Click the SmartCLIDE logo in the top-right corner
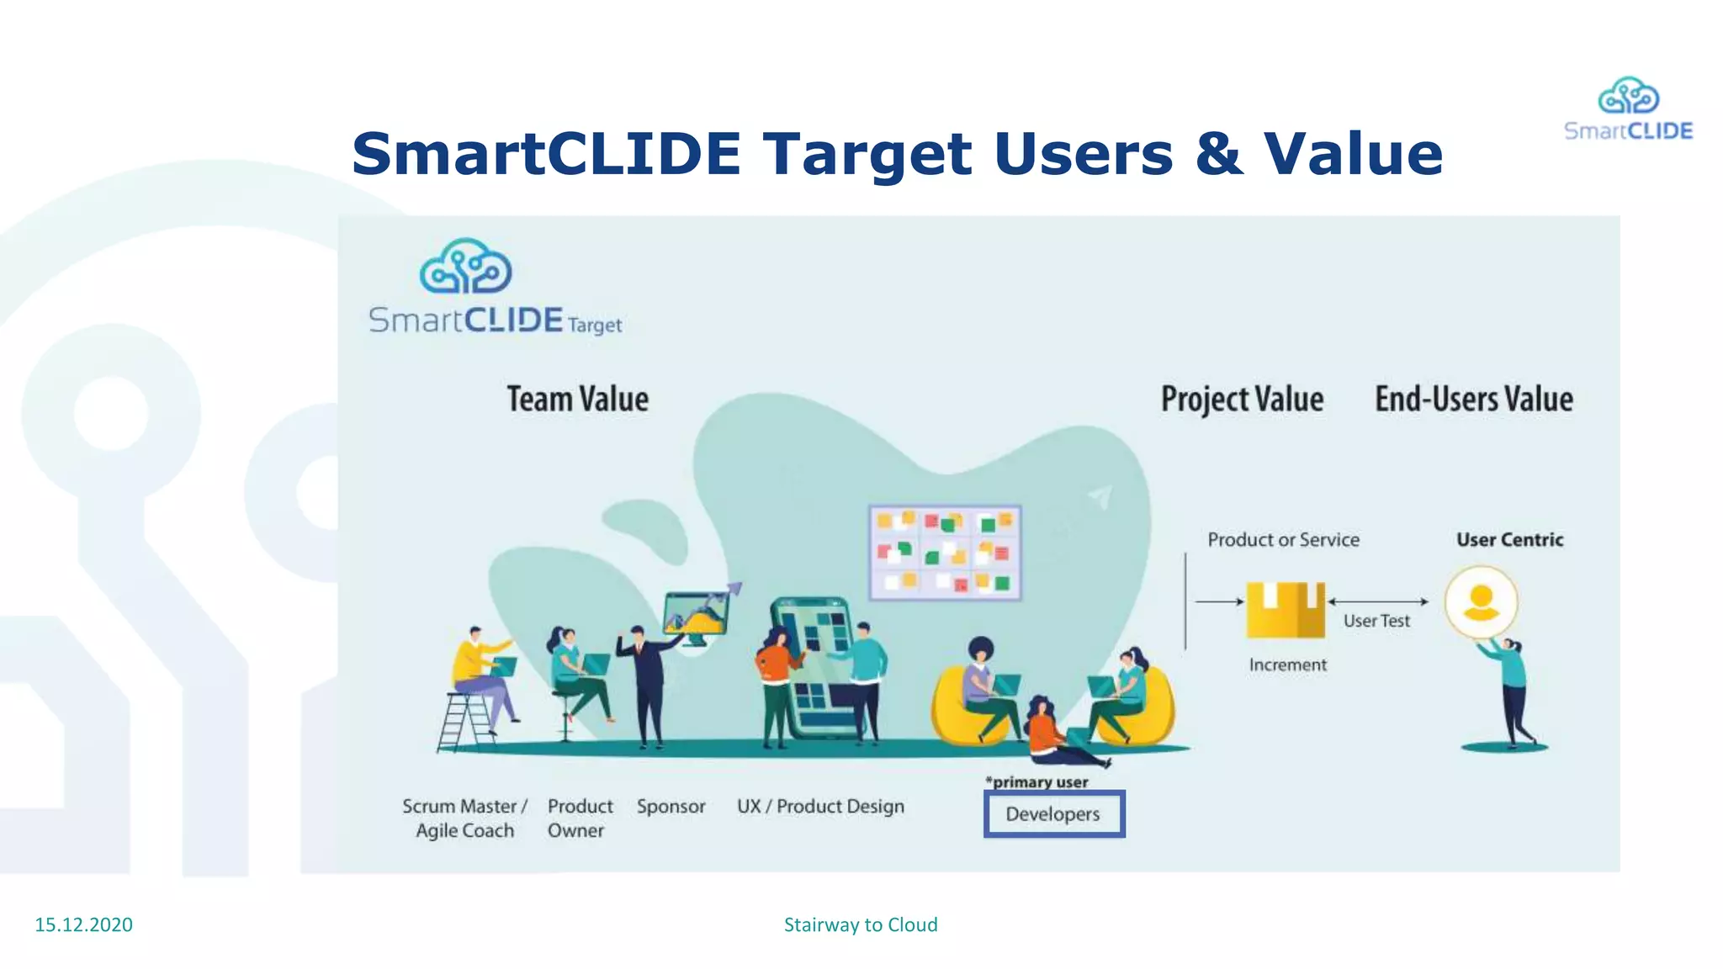(x=1628, y=109)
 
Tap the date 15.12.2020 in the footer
(x=83, y=924)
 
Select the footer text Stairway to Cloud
(x=861, y=924)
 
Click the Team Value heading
(x=577, y=399)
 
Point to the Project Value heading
(x=1242, y=399)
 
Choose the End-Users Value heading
(x=1474, y=399)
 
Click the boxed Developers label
(x=1053, y=814)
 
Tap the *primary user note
(x=1037, y=782)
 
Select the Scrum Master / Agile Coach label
(x=464, y=818)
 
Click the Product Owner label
(x=580, y=818)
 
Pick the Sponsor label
(x=671, y=806)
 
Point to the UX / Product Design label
(x=820, y=806)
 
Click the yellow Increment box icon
(x=1286, y=609)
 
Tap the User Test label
(x=1376, y=621)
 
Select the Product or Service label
(x=1283, y=539)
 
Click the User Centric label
(x=1509, y=539)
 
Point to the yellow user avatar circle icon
(x=1481, y=602)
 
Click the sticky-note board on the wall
(x=945, y=552)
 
